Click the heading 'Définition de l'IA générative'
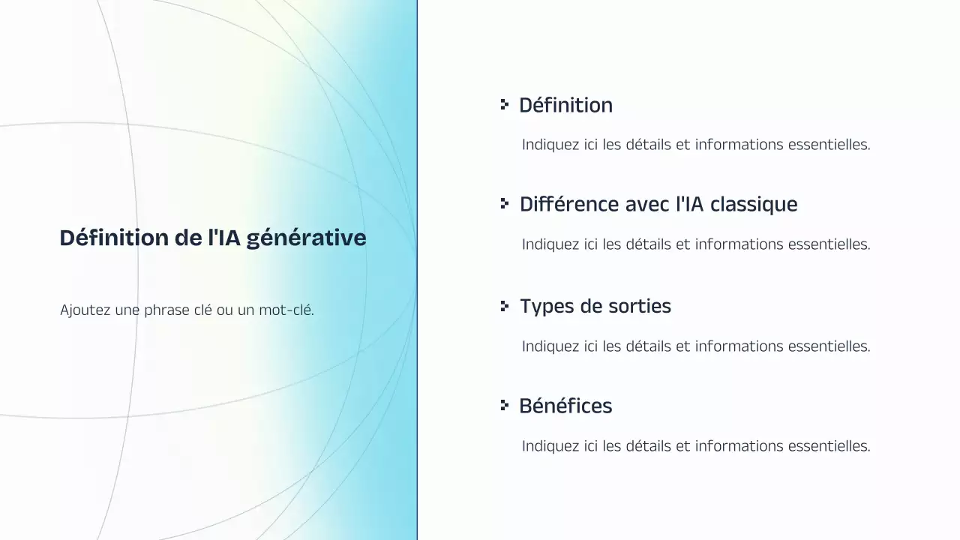point(213,238)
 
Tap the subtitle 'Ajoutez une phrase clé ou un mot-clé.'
point(187,310)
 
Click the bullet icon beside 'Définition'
point(505,105)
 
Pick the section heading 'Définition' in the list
point(565,105)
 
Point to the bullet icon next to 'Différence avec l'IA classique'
point(505,204)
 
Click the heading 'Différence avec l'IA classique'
point(658,204)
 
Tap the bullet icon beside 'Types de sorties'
point(505,306)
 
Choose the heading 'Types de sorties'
point(595,306)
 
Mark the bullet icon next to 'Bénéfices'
point(505,406)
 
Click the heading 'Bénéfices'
point(565,406)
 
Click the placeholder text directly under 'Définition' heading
point(696,145)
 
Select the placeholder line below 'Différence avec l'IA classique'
point(696,244)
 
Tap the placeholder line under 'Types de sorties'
point(696,346)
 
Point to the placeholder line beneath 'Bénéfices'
point(696,446)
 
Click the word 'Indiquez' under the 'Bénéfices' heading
point(550,446)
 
